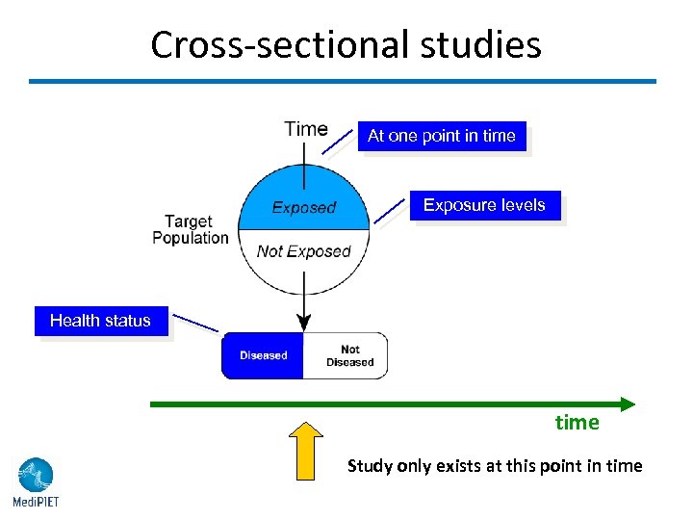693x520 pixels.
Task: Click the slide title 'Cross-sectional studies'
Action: [346, 44]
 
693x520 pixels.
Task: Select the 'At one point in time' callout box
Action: [442, 136]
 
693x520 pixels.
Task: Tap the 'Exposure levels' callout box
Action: [484, 205]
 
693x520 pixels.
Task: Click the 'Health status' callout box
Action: [101, 321]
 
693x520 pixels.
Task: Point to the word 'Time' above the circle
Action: [306, 129]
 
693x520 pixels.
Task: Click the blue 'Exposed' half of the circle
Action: [303, 206]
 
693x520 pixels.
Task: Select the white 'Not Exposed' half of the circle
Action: [303, 252]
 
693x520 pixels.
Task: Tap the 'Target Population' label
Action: [191, 230]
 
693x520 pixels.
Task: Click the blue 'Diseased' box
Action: [263, 355]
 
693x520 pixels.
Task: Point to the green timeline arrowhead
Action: [627, 404]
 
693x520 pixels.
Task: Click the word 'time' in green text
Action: [577, 423]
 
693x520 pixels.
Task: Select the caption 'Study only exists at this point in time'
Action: [495, 466]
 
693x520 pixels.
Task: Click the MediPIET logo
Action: [36, 481]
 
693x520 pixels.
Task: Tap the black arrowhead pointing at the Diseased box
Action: [304, 324]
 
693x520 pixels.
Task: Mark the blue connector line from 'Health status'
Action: [197, 324]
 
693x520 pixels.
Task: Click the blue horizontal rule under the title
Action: [342, 81]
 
